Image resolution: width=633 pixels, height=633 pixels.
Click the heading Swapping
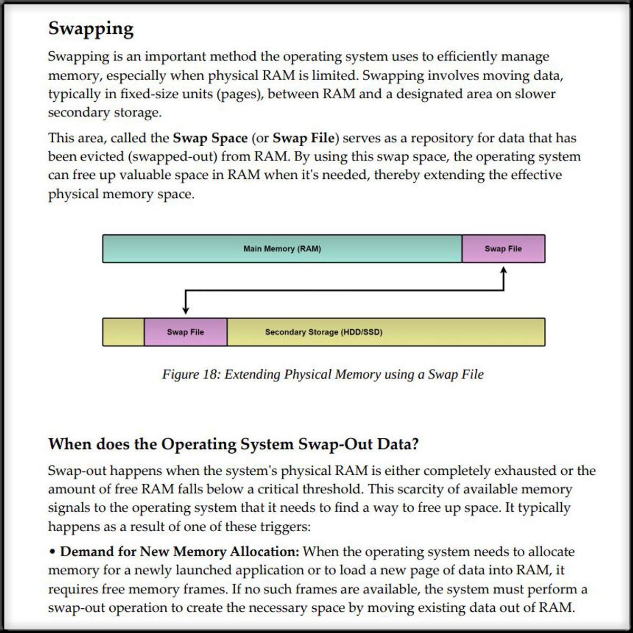point(91,28)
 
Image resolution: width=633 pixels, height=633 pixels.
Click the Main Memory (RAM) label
point(282,249)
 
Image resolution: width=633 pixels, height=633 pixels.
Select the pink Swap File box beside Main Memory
point(503,249)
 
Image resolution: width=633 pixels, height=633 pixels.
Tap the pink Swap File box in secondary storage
point(185,332)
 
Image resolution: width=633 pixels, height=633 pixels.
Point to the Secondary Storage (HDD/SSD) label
point(323,332)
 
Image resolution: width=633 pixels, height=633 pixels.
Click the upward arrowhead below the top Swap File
point(504,271)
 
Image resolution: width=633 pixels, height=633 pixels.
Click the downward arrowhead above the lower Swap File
point(185,310)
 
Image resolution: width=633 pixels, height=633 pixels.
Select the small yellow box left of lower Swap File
point(123,332)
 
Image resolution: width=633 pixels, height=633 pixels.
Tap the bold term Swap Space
point(210,138)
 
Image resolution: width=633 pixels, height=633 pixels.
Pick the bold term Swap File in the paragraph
point(303,138)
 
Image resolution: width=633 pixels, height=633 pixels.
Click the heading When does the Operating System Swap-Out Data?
point(233,444)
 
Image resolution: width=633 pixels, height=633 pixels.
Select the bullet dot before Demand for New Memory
point(52,552)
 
